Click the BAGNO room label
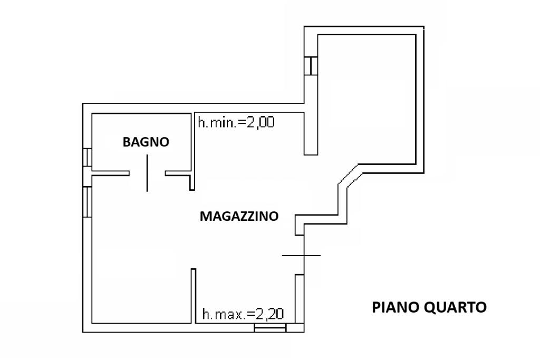coord(146,142)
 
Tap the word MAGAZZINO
coord(239,216)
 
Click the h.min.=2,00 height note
coord(236,123)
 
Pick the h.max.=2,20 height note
coord(243,315)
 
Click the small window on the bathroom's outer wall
coord(88,158)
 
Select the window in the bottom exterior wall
coord(270,328)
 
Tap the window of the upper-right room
coord(312,66)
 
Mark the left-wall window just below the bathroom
coord(88,201)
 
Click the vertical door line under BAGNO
coord(147,173)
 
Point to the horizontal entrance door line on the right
coord(301,256)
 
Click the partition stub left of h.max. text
coord(194,295)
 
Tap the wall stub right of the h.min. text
coord(311,134)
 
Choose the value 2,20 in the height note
coord(270,315)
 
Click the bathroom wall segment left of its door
coord(111,173)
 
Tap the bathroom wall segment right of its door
coord(178,173)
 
